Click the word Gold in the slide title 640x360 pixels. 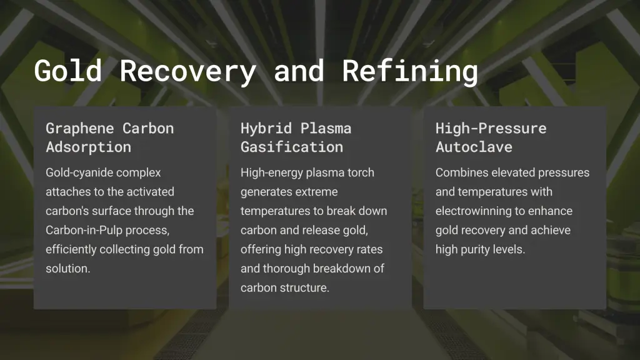click(67, 71)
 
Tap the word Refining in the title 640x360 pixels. click(410, 71)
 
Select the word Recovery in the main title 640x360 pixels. click(187, 72)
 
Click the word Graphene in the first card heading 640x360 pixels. click(79, 129)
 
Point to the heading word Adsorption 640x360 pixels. click(88, 147)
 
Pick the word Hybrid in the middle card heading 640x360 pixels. click(266, 129)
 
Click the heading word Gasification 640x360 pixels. click(291, 147)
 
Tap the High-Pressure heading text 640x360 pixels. click(491, 129)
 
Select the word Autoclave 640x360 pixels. click(474, 147)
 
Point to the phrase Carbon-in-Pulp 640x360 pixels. click(84, 231)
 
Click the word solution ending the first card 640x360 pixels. click(67, 269)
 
